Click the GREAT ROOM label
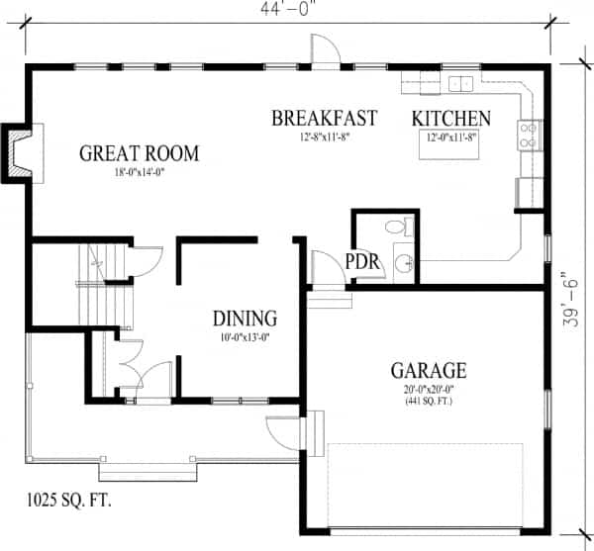coord(139,153)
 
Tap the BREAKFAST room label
coord(325,118)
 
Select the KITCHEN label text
coord(451,119)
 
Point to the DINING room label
coord(245,319)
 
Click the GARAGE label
coord(429,371)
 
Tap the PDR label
coord(362,261)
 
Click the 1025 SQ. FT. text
coord(69,500)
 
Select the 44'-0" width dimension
coord(288,9)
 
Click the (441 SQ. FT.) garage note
coord(429,401)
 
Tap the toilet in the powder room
coord(400,227)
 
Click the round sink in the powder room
coord(404,262)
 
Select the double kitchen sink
coord(460,84)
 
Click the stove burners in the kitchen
coord(529,136)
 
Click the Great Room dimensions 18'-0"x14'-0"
coord(139,172)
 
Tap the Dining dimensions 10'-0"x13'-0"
coord(245,336)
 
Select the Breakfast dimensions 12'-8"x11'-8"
coord(325,137)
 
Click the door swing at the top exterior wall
coord(325,48)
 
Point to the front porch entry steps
coord(148,472)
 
